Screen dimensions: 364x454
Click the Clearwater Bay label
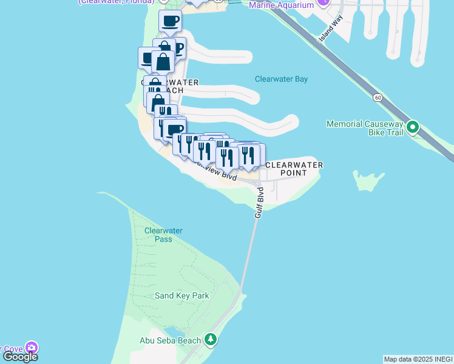281,79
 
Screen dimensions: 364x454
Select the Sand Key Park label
181,295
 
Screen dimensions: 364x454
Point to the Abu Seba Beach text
170,340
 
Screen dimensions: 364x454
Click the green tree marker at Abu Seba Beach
211,340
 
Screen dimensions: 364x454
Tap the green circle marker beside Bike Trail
413,127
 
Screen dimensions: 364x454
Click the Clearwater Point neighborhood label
294,169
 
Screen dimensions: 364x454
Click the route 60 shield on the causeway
378,97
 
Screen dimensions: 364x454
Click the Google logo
20,356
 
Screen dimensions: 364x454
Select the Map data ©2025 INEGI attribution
418,359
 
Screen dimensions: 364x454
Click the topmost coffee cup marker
170,21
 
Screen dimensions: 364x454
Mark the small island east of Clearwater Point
368,181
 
